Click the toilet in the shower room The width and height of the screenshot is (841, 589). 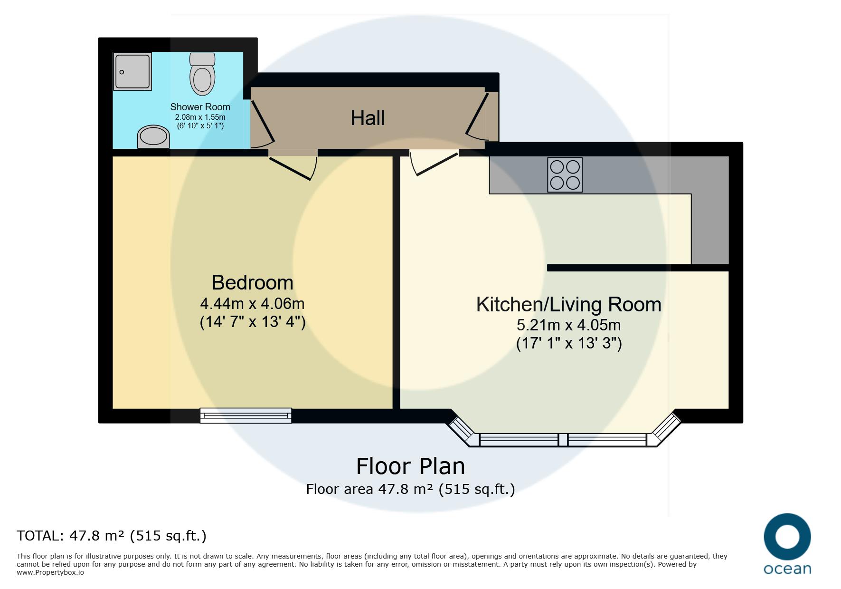point(202,74)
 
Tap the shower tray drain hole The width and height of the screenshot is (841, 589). point(122,72)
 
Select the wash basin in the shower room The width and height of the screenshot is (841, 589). point(153,137)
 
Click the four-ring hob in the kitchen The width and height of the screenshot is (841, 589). point(565,175)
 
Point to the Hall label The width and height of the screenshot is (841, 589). point(368,118)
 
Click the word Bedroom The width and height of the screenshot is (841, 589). point(252,282)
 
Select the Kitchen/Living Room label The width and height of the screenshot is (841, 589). point(568,304)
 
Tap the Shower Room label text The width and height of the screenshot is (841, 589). point(200,107)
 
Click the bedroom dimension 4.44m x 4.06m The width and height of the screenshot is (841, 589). point(252,303)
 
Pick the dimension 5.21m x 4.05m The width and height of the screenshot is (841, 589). point(568,325)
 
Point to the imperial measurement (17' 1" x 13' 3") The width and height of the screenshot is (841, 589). point(569,343)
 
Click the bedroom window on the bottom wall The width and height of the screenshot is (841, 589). point(246,415)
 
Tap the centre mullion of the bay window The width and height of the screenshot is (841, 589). point(563,440)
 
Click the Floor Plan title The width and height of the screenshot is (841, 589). point(410,466)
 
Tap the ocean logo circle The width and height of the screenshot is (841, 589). point(787,537)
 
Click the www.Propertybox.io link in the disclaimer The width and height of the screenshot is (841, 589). point(50,572)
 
